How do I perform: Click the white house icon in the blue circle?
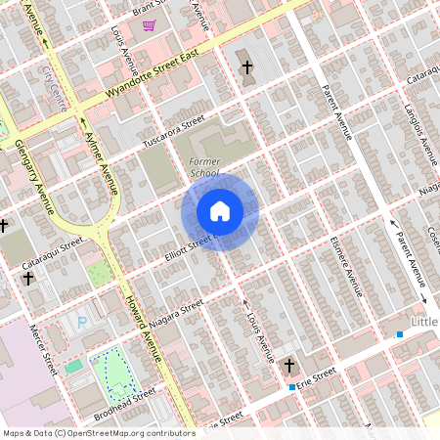click(220, 211)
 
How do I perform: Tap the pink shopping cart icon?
click(149, 26)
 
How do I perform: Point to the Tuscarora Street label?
click(172, 134)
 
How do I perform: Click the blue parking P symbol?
click(81, 321)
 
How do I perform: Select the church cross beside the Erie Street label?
click(287, 366)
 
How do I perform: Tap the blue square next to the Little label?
click(400, 334)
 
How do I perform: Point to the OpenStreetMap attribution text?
click(98, 432)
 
